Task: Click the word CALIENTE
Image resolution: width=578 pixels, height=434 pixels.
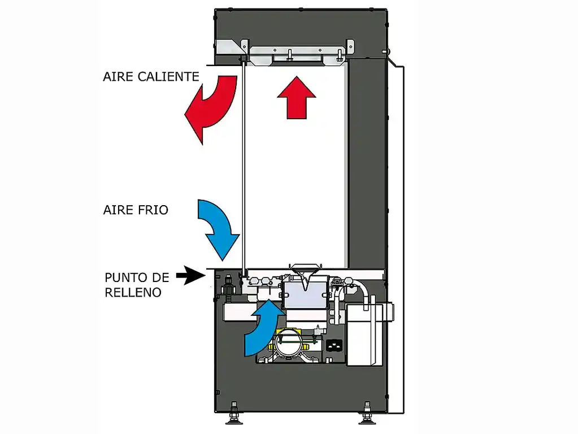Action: (x=168, y=76)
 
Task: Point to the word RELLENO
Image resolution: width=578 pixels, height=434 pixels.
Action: (x=133, y=293)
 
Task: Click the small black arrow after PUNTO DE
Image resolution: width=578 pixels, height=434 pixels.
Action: (x=189, y=276)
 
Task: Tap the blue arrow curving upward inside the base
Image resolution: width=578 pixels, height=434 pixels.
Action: (x=260, y=328)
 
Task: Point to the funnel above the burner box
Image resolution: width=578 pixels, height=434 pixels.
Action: (x=305, y=269)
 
